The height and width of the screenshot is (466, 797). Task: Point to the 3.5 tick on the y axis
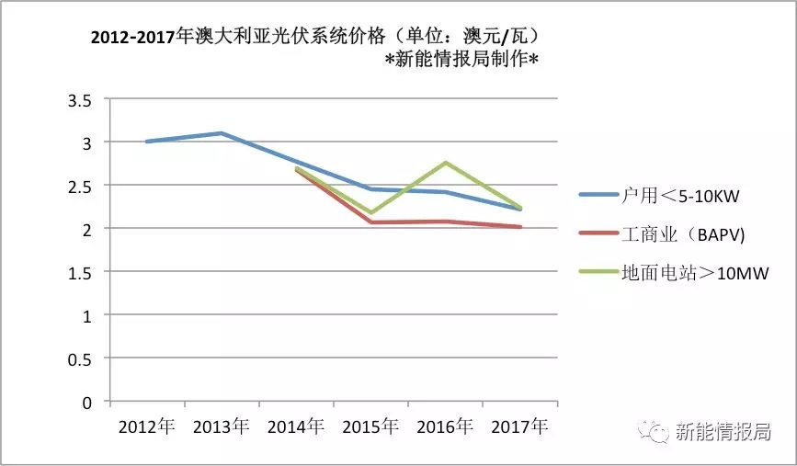coord(80,100)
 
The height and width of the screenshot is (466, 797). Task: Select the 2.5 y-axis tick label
coord(80,187)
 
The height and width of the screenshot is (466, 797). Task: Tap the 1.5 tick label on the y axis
coord(80,273)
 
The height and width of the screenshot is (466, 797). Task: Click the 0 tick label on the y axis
coord(88,403)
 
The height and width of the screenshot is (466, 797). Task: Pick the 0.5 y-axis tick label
coord(80,359)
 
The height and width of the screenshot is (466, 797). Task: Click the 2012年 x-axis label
coord(146,427)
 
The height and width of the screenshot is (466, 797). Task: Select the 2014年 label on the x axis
coord(296,427)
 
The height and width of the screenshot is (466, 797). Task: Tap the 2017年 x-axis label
coord(520,427)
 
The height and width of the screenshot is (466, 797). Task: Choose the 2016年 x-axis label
coord(445,427)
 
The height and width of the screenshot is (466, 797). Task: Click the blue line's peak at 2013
coord(222,133)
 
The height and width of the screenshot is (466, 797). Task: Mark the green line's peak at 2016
coord(446,163)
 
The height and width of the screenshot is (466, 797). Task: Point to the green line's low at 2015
coord(371,213)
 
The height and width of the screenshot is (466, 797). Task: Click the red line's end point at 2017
coord(520,226)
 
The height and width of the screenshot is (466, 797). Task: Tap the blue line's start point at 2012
coord(147,142)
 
